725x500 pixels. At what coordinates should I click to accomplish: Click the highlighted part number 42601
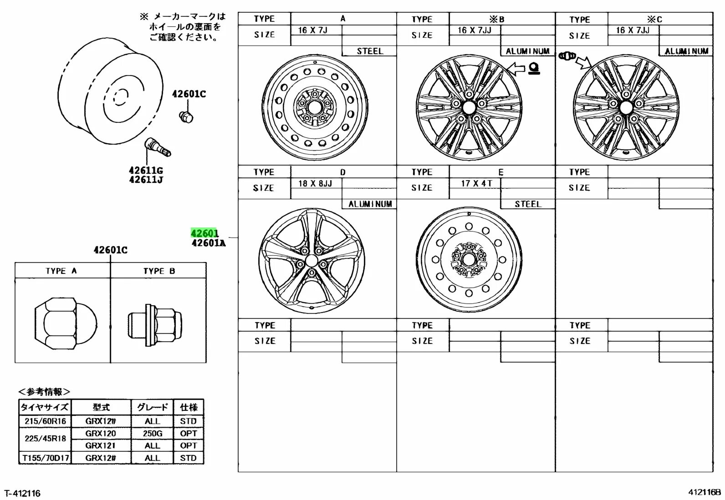point(204,233)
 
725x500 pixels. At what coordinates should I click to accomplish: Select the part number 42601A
point(209,243)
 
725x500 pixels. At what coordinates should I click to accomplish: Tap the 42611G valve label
point(146,171)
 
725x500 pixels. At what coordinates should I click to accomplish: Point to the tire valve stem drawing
point(158,147)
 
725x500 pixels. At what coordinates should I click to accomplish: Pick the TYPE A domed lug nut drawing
point(66,323)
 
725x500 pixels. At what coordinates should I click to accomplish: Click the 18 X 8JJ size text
point(315,183)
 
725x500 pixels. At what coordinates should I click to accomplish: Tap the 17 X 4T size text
point(476,183)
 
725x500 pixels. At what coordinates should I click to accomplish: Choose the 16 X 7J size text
point(312,30)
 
